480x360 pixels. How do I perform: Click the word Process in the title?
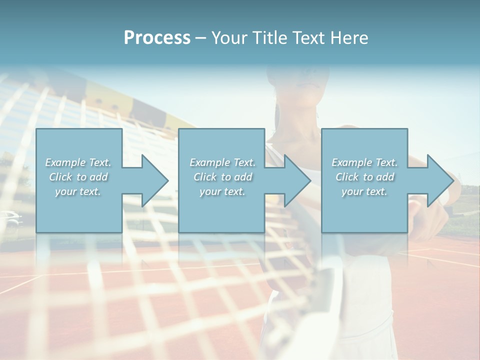157,38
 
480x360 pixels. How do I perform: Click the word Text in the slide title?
313,38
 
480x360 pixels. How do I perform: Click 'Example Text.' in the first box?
78,162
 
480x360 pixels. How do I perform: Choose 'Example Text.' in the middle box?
222,162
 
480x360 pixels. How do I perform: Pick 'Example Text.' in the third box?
364,162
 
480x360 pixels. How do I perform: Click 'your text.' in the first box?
78,191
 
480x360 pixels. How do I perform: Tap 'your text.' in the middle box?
222,191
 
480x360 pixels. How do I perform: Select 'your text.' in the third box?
364,191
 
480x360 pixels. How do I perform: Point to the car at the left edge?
10,218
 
